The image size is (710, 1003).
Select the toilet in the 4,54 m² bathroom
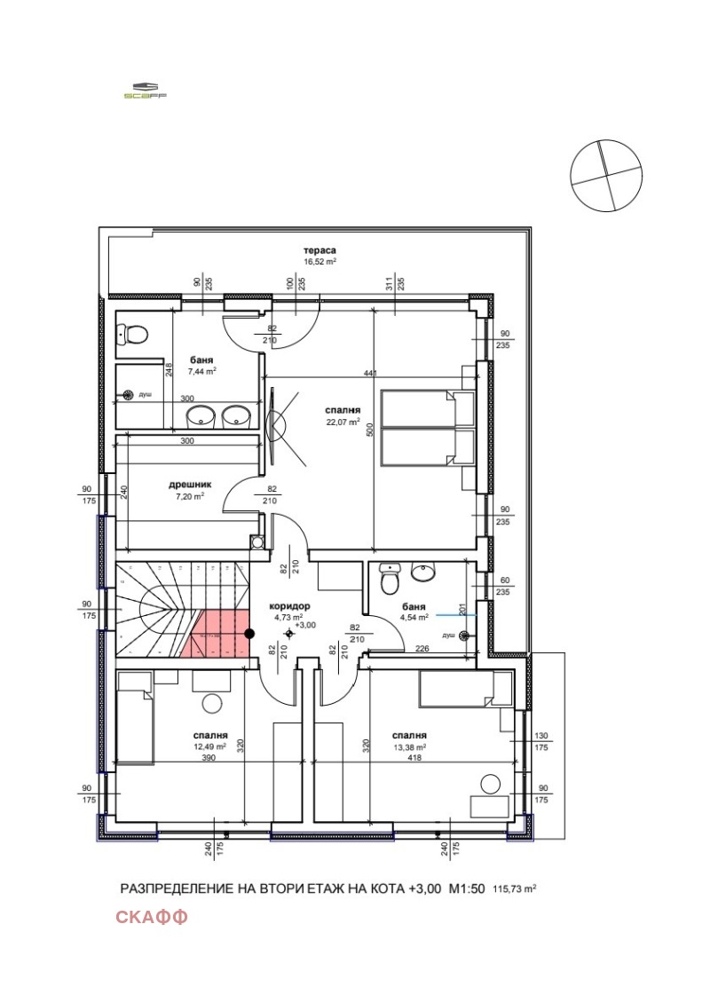[389, 580]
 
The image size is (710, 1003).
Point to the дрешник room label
[190, 485]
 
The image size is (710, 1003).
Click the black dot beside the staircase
[250, 633]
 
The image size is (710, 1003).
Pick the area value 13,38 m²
[410, 746]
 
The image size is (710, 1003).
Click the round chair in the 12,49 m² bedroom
[213, 704]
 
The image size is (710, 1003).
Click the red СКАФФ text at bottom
[151, 917]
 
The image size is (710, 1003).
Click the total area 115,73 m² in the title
[516, 888]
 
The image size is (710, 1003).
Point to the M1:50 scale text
[465, 888]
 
